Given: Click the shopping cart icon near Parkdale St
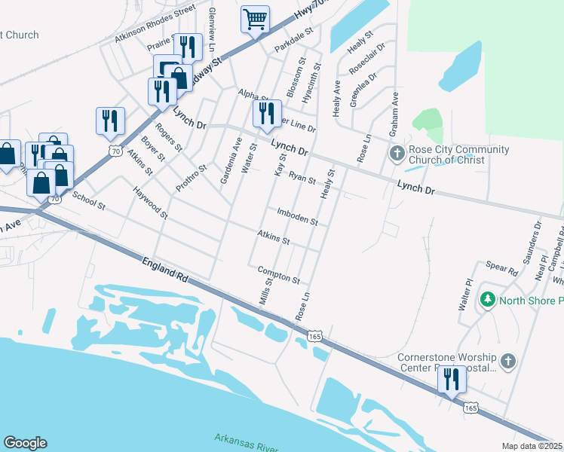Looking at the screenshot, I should (255, 19).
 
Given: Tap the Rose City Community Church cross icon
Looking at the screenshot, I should (397, 154).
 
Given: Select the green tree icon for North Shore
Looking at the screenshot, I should (488, 300).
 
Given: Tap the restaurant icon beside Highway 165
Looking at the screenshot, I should (452, 379).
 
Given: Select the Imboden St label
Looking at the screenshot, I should (297, 217).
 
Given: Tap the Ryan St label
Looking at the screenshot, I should (302, 179).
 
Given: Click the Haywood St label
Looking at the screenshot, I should (150, 203).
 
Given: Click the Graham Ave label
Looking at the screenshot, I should (393, 114).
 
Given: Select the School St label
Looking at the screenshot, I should (88, 200).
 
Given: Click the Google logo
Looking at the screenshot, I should (25, 443).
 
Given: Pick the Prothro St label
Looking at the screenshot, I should (190, 178).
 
